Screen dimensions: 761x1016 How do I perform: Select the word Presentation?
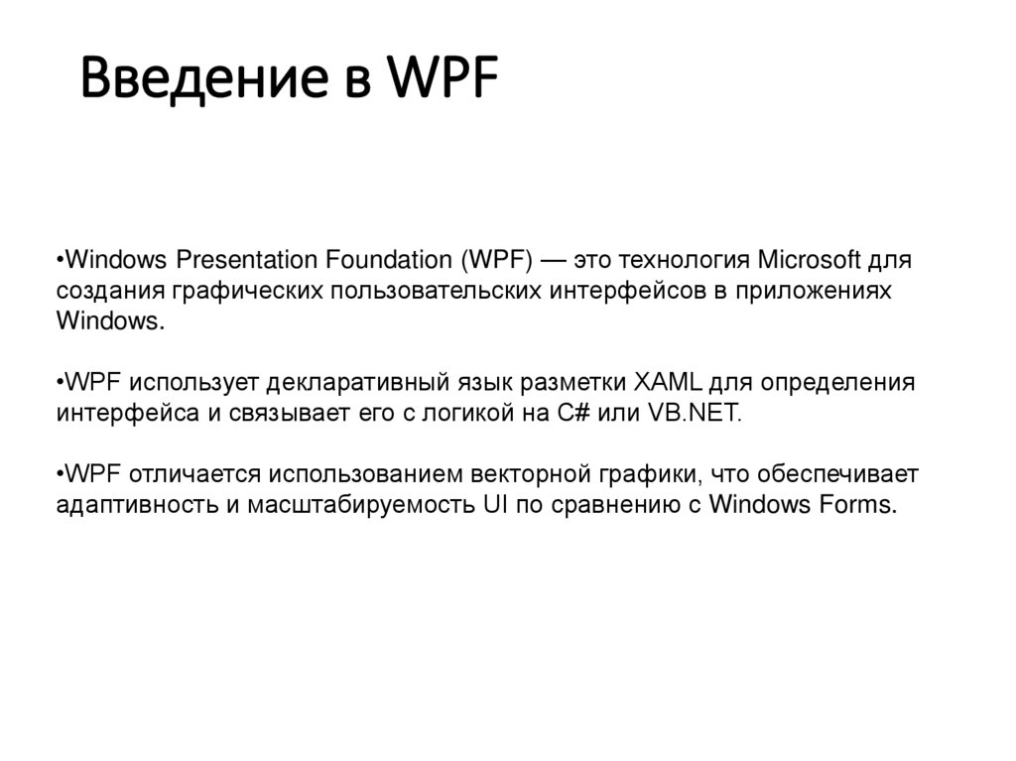pyautogui.click(x=244, y=261)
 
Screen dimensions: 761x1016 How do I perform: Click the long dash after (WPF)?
pyautogui.click(x=557, y=261)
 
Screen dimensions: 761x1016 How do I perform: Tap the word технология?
pyautogui.click(x=686, y=261)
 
